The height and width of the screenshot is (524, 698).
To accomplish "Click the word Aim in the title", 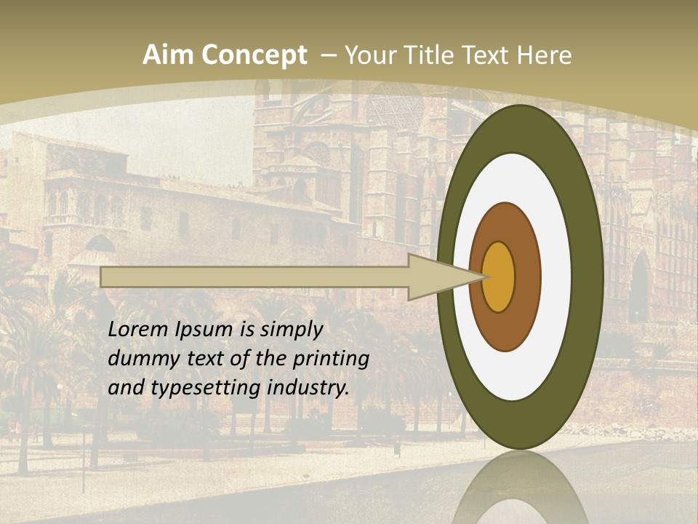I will click(168, 55).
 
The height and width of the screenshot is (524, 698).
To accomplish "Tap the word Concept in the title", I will click(254, 55).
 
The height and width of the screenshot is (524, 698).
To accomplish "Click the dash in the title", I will click(328, 55).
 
